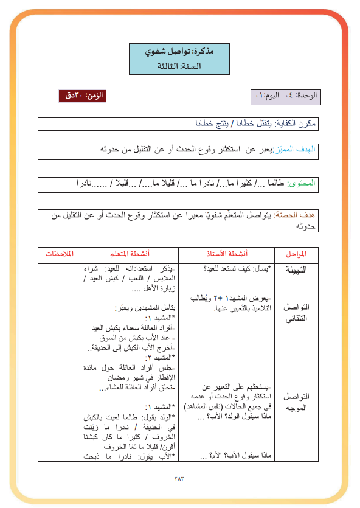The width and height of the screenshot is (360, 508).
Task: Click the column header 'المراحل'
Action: (295, 253)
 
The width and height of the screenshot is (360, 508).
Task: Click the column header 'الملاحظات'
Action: (59, 253)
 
